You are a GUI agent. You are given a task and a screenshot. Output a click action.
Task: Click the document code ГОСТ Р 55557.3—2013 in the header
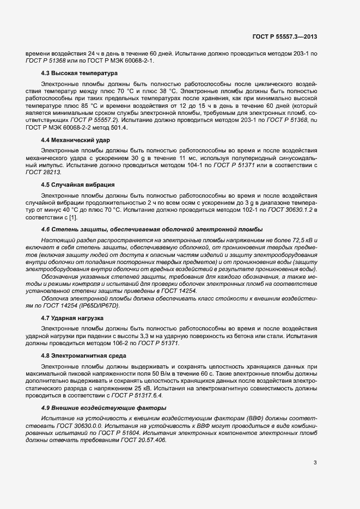(x=284, y=36)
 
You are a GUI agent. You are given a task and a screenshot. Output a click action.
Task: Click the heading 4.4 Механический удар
(x=72, y=140)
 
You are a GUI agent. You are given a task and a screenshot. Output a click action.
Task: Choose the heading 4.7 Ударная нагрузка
(x=72, y=317)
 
